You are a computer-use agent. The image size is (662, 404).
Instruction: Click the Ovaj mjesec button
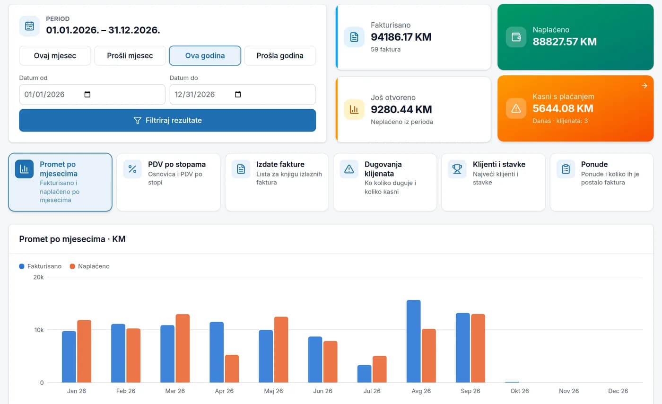pos(55,56)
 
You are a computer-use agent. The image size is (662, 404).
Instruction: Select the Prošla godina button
pos(280,56)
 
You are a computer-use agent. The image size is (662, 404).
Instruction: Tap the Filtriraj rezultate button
pos(167,120)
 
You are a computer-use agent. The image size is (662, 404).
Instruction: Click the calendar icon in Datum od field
pos(87,94)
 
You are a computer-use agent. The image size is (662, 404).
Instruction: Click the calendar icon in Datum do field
pos(238,94)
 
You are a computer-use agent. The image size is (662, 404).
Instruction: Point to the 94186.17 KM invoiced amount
pos(401,37)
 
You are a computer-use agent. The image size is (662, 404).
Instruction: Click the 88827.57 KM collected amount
pos(565,42)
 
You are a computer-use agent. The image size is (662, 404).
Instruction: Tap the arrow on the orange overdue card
pos(645,86)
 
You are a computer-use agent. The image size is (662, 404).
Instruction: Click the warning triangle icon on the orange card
pos(516,108)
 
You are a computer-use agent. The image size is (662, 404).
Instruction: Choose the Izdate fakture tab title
pos(280,164)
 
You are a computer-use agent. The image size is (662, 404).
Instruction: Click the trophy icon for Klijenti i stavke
pos(457,169)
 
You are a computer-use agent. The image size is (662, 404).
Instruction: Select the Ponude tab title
pos(594,164)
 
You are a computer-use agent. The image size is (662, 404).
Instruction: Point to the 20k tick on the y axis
pos(38,277)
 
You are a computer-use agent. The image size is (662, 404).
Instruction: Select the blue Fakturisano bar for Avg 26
pos(413,341)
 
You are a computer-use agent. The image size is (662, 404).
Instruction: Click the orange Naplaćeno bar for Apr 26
pos(232,369)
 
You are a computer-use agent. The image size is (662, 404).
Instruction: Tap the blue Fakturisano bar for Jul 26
pos(365,374)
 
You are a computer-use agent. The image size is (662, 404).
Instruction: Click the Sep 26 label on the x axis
pos(470,391)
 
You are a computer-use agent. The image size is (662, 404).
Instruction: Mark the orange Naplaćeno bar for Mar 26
pos(183,348)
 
